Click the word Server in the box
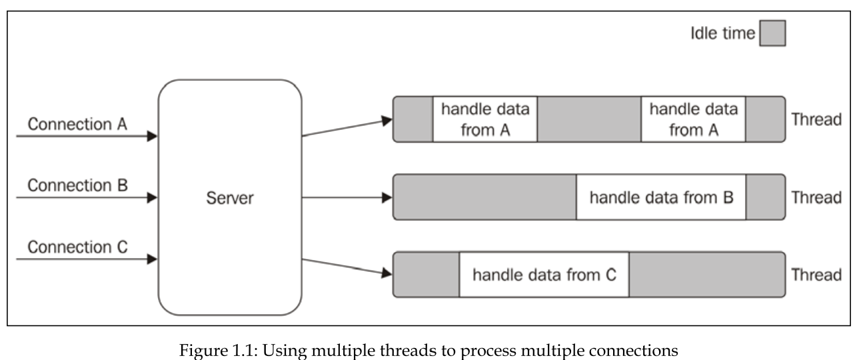click(230, 198)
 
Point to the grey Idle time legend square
click(772, 33)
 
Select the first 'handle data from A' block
click(485, 119)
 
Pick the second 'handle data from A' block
click(693, 119)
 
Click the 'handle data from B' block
click(661, 197)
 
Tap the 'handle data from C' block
click(544, 274)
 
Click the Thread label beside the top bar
click(816, 120)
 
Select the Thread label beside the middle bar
click(816, 198)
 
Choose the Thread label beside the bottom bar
click(816, 275)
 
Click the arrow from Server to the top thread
click(347, 128)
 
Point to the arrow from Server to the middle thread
click(347, 198)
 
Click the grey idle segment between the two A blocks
click(589, 119)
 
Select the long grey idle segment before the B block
click(485, 197)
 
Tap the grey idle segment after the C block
click(706, 274)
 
